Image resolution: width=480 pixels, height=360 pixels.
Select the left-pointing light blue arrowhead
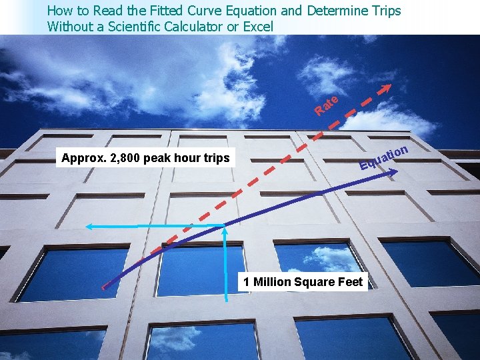(x=89, y=227)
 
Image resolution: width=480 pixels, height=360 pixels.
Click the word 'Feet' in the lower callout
(x=350, y=282)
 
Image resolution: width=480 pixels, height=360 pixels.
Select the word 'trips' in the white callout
(x=214, y=159)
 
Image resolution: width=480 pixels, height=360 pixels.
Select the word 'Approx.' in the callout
(x=82, y=159)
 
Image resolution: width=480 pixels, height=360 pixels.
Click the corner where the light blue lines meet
(x=227, y=227)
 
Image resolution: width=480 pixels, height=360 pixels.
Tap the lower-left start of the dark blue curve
(x=104, y=287)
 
